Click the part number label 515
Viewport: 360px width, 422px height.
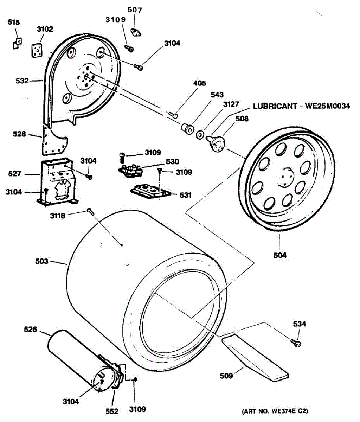(x=14, y=22)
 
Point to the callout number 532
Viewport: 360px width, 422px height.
(x=22, y=81)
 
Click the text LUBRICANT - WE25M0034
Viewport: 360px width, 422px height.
(x=301, y=106)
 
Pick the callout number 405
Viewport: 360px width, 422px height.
(x=199, y=83)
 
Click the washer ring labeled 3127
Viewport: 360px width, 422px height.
(x=200, y=134)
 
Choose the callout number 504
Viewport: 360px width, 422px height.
(x=280, y=255)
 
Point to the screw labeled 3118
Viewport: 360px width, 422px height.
(x=90, y=211)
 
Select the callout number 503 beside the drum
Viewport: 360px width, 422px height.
(x=42, y=261)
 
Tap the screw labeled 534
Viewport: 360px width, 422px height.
(x=296, y=343)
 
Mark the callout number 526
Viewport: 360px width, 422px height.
(x=30, y=330)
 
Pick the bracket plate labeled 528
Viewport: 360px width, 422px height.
(x=53, y=141)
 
